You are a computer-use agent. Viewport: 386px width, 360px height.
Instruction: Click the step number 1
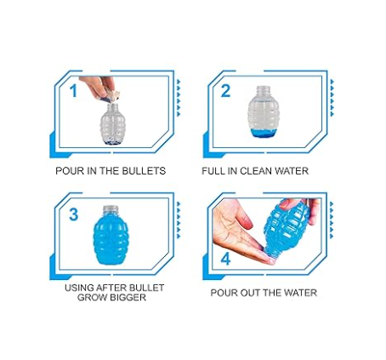73,91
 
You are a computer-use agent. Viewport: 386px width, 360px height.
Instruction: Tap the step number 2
225,91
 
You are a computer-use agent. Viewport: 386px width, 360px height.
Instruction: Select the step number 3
73,214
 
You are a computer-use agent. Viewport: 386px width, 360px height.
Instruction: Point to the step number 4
225,259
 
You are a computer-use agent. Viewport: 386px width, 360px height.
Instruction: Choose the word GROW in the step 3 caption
91,298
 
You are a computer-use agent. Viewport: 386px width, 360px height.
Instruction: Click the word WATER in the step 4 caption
301,293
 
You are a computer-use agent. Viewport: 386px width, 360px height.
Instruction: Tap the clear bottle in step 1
111,124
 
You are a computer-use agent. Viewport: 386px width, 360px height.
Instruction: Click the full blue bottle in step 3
111,235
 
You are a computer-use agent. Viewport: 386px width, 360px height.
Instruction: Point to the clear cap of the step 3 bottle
110,209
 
